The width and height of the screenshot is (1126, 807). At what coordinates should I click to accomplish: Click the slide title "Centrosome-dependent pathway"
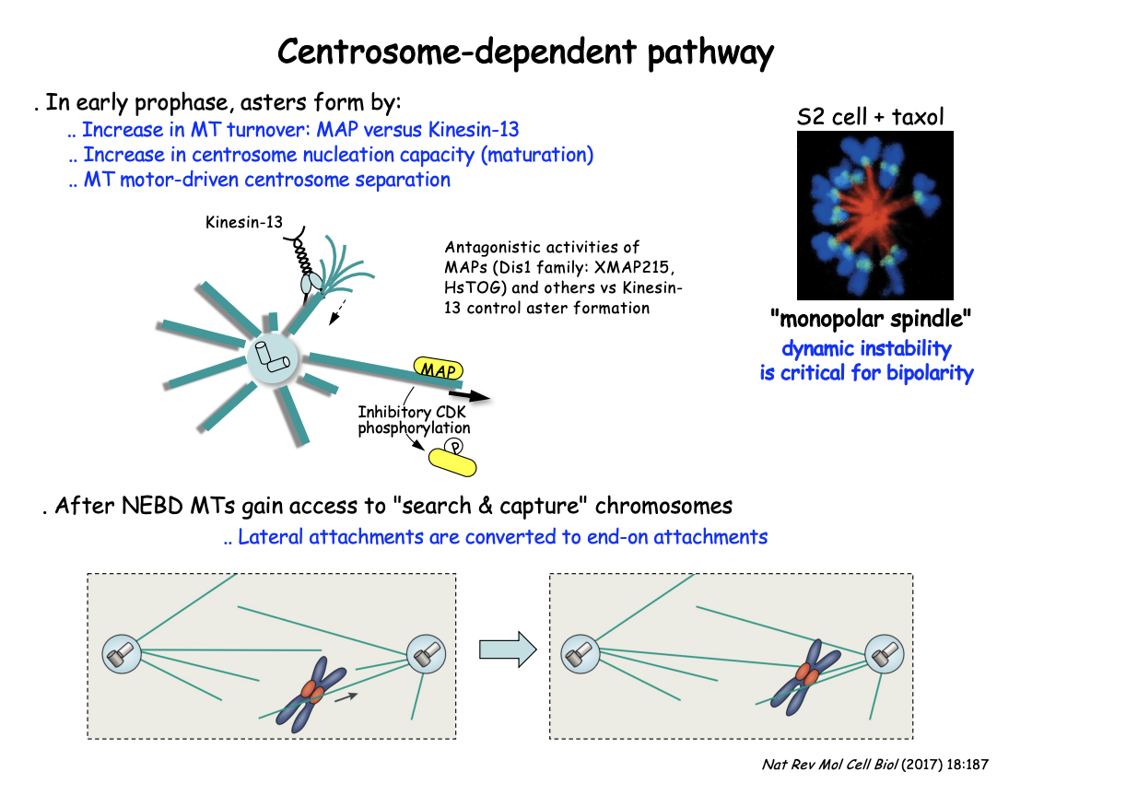[x=525, y=53]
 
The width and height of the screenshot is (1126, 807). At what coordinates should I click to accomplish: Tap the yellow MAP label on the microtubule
[x=440, y=369]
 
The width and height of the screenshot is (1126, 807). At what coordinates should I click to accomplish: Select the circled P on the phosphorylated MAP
[x=452, y=446]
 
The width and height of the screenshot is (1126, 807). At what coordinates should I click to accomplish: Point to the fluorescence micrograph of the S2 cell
[x=874, y=214]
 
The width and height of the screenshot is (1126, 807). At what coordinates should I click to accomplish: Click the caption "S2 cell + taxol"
[x=870, y=117]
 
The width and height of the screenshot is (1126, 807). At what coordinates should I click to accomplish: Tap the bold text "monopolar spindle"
[x=872, y=320]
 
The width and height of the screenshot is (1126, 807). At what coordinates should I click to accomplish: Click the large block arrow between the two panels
[x=507, y=649]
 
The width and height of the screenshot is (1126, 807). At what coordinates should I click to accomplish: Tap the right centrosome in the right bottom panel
[x=884, y=653]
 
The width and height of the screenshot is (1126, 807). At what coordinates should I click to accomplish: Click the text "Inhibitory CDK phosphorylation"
[x=414, y=419]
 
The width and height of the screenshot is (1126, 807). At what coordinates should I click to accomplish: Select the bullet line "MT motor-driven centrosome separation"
[x=260, y=180]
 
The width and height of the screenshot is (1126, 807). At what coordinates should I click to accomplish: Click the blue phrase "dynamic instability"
[x=866, y=349]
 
